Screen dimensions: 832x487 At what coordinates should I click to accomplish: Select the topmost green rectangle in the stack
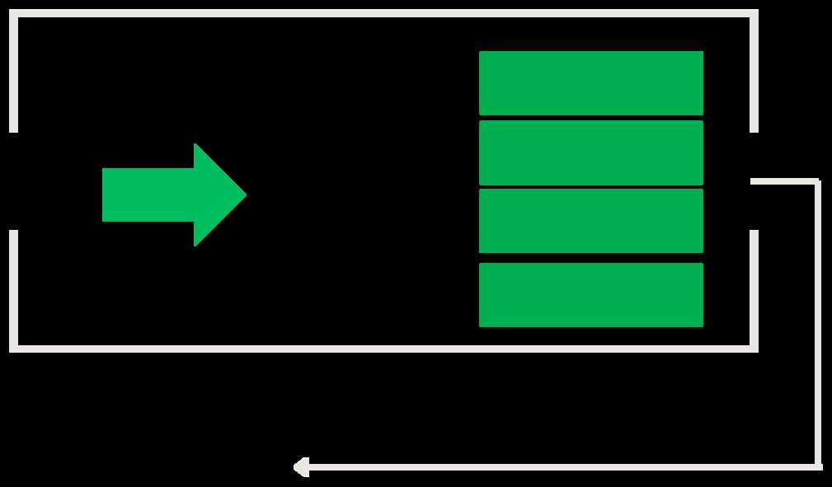[x=590, y=83]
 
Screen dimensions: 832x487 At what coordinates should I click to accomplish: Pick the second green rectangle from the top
[x=590, y=152]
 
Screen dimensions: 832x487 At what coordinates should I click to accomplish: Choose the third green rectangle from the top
[x=590, y=221]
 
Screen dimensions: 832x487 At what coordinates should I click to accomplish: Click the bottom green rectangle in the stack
[x=590, y=295]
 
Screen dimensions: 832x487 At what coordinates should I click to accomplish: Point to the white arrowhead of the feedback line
[x=301, y=467]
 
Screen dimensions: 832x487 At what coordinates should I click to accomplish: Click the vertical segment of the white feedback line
[x=818, y=321]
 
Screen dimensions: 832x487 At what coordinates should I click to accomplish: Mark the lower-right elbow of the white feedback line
[x=818, y=466]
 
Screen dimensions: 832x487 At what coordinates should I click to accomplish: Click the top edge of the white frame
[x=383, y=14]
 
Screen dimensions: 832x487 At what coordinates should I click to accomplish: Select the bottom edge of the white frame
[x=383, y=349]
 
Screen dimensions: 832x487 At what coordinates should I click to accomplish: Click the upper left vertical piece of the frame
[x=13, y=74]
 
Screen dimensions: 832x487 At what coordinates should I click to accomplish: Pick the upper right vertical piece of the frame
[x=754, y=74]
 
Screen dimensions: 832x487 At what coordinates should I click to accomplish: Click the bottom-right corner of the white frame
[x=754, y=349]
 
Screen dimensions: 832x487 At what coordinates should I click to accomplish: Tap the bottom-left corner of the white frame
[x=14, y=349]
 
